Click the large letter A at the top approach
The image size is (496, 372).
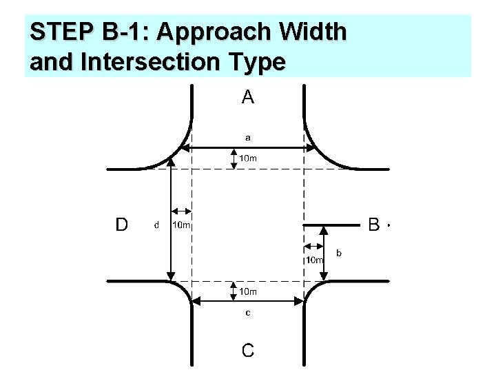(248, 98)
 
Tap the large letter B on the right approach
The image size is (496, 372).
(374, 224)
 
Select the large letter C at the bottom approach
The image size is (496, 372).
(248, 350)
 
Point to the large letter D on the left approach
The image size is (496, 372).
(121, 224)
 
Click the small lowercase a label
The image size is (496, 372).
(248, 136)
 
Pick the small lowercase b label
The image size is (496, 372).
(339, 254)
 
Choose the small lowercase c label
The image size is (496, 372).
(248, 313)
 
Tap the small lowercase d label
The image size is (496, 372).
(156, 225)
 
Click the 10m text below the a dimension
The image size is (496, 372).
(248, 158)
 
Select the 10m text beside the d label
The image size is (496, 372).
(182, 225)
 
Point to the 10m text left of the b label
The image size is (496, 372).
(315, 260)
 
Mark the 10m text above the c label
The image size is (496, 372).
(248, 291)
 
